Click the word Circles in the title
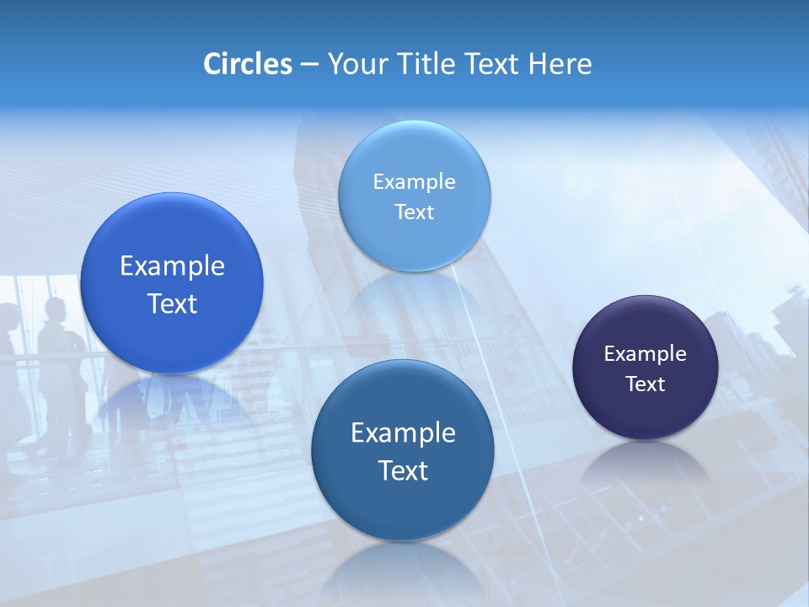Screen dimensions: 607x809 point(248,64)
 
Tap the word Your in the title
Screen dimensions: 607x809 point(355,64)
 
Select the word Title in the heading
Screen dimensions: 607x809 point(426,64)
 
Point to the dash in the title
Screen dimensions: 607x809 point(309,65)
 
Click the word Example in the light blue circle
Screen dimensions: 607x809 point(414,182)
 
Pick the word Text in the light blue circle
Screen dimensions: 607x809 point(414,212)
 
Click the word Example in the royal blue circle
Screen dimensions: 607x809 point(172,266)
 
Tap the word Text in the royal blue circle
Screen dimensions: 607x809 point(172,304)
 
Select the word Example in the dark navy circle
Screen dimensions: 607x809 point(646,354)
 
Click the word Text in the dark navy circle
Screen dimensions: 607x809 point(646,384)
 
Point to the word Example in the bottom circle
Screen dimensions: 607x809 point(403,433)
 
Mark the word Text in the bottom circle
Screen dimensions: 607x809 point(403,470)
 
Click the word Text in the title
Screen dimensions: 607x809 point(493,64)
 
